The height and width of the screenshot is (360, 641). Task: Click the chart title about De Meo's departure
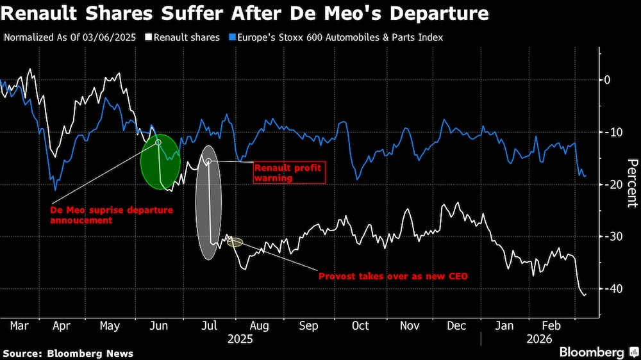[x=246, y=13]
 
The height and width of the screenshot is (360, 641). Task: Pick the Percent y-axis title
[x=631, y=183]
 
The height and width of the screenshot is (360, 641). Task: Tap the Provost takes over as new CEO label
[x=393, y=277]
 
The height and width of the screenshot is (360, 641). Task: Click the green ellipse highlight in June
[x=160, y=162]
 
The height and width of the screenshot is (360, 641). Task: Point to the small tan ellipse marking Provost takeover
[x=235, y=242]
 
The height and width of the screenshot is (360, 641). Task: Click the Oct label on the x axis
[x=360, y=326]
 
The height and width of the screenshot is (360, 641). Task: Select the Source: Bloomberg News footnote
[x=68, y=353]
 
